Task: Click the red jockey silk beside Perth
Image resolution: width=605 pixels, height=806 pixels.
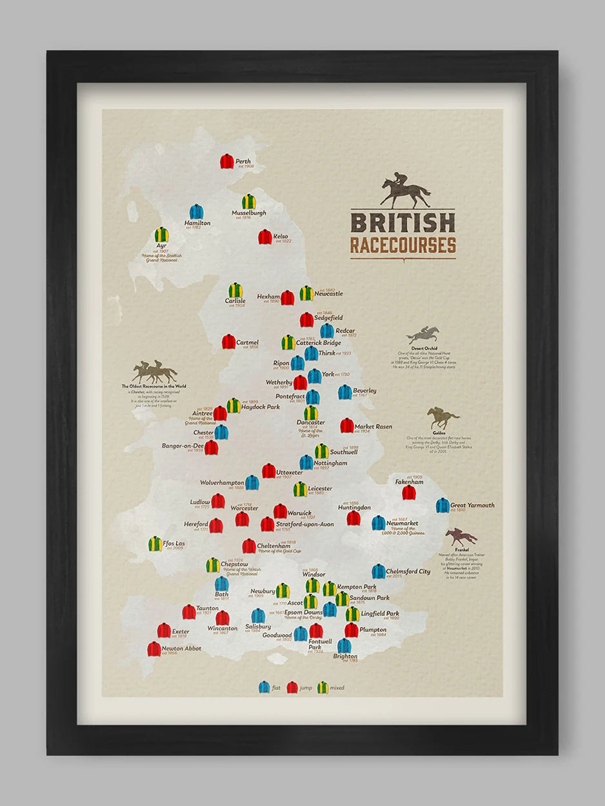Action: tap(227, 161)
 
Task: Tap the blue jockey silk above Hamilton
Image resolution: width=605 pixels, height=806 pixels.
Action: tap(196, 211)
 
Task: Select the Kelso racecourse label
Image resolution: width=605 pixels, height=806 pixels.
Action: tap(281, 237)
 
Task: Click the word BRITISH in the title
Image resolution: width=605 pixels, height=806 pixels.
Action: tap(402, 222)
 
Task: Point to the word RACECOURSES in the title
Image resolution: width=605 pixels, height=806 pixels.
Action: tap(403, 246)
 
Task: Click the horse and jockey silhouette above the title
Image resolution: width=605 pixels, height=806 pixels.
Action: tap(405, 190)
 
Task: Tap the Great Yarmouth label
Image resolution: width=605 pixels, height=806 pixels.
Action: tap(472, 506)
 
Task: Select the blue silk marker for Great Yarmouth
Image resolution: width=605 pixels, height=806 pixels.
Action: tap(442, 505)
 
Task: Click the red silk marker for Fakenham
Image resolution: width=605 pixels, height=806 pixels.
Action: tap(409, 493)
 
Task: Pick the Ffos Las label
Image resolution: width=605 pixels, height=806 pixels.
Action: tap(174, 542)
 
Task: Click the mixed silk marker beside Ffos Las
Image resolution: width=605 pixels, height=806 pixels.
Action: tap(155, 544)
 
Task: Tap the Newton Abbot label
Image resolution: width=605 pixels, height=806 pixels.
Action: tap(181, 649)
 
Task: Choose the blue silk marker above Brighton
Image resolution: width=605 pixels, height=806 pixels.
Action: tap(344, 645)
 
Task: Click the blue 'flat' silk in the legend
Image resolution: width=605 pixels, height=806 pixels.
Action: tap(264, 687)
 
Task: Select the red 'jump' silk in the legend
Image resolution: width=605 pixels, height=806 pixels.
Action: tap(292, 687)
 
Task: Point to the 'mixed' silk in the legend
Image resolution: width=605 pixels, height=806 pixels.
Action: tap(322, 687)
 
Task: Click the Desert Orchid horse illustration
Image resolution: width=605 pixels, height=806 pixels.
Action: tap(424, 335)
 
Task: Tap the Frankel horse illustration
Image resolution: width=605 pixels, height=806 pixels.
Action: tap(461, 536)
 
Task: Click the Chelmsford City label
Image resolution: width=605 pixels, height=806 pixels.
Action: tap(408, 571)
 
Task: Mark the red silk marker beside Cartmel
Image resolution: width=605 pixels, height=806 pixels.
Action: tap(229, 342)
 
